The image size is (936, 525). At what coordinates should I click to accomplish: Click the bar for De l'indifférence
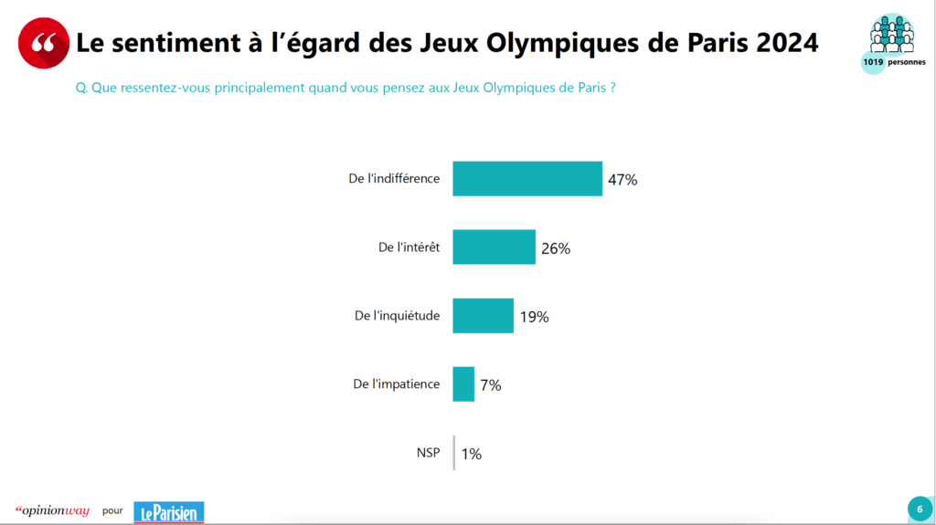coord(527,179)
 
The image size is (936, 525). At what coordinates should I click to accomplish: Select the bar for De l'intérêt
coord(494,247)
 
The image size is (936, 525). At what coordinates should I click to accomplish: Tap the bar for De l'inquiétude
coord(483,316)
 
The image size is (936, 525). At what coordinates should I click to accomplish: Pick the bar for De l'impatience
coord(463,384)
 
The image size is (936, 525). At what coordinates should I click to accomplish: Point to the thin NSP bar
coord(454,453)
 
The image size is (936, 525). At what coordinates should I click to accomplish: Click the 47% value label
coord(622,180)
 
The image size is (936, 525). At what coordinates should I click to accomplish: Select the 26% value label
coord(556,248)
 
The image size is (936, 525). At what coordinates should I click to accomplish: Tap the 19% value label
coord(534,317)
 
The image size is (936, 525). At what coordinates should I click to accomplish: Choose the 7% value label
coord(491,385)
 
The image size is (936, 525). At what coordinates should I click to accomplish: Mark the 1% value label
coord(471,454)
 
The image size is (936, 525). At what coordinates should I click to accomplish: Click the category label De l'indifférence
coord(394,178)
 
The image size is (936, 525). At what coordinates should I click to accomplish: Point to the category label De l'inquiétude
coord(397,316)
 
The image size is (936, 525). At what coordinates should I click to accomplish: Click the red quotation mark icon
coord(43,42)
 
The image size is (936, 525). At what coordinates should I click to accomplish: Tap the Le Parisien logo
coord(168,511)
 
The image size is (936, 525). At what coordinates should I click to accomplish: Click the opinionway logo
coord(52,510)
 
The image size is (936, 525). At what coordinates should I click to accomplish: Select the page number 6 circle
coord(918,509)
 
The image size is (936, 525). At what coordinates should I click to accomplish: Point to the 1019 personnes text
coord(893,62)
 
